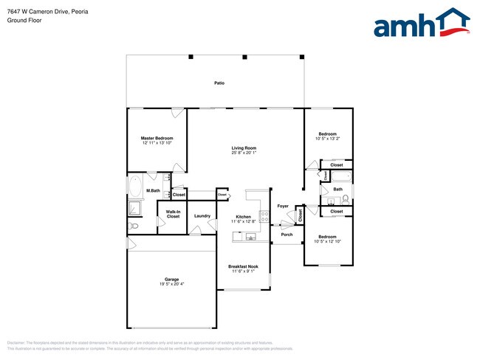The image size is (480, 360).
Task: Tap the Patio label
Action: click(x=219, y=83)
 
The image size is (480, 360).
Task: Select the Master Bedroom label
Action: click(x=157, y=138)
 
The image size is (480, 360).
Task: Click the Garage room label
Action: click(x=172, y=279)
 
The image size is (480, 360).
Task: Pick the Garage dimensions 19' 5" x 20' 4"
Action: click(x=172, y=284)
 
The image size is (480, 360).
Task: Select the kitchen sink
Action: click(x=251, y=237)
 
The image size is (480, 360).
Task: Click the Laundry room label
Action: click(x=202, y=216)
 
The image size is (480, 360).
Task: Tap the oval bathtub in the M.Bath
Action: click(x=137, y=184)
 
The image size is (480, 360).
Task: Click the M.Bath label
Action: click(x=154, y=191)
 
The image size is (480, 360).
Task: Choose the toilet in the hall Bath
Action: click(x=346, y=198)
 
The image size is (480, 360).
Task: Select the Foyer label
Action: click(x=282, y=206)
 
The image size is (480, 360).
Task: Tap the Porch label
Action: click(x=287, y=235)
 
